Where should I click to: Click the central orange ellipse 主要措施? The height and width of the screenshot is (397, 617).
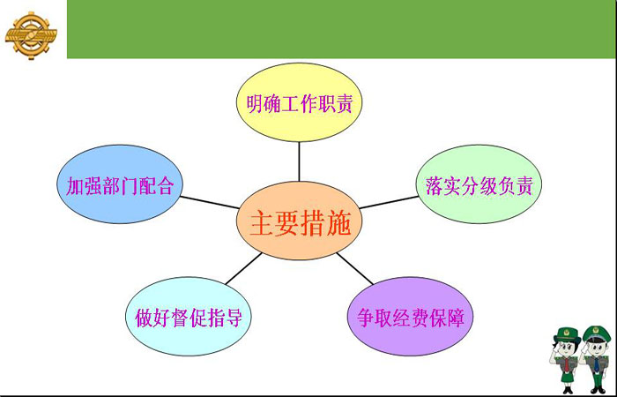pos(299,221)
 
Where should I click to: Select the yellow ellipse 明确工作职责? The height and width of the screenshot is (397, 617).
pos(299,102)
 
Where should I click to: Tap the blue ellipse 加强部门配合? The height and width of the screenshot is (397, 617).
pos(120,184)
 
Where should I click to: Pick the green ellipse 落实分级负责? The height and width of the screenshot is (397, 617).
pos(479,184)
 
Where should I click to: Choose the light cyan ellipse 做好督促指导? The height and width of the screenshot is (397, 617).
pos(189,316)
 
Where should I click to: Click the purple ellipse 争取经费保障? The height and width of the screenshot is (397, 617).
pos(411,316)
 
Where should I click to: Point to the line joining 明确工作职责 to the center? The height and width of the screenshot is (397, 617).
pos(299,161)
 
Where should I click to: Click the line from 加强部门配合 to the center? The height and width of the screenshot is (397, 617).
pos(210,202)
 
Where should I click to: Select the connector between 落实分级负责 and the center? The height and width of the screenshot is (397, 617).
pos(389,202)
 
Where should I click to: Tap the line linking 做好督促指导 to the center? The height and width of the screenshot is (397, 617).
pos(244,268)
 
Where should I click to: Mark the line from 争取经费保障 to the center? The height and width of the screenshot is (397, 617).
pos(354,268)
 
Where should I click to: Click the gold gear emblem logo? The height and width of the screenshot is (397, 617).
pos(31,35)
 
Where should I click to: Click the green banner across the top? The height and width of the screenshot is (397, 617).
pos(341,29)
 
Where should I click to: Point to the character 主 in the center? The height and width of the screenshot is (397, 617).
pos(262,223)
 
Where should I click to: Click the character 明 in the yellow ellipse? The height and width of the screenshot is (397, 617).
pos(255,103)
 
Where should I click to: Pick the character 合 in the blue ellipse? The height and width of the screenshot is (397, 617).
pos(165,186)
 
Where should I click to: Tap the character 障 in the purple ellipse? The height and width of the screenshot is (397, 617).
pos(456,318)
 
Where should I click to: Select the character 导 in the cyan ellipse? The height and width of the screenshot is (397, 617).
pos(234,318)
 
